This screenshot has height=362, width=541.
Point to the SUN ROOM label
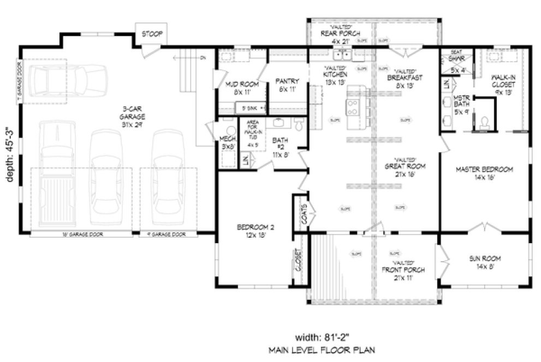[484, 261]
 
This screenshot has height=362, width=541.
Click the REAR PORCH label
[337, 33]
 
